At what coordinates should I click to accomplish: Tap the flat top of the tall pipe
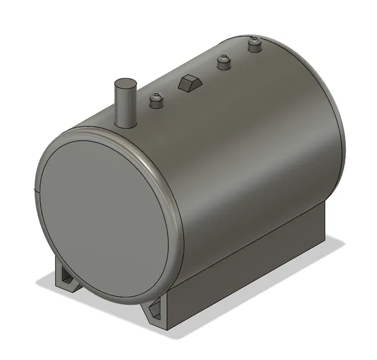(x=124, y=84)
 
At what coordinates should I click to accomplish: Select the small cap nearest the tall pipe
(x=156, y=101)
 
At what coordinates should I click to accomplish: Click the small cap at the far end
(x=254, y=44)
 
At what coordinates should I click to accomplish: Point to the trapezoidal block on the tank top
(x=189, y=82)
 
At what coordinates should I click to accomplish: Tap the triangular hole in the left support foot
(x=67, y=279)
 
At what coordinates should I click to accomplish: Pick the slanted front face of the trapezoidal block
(x=186, y=86)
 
